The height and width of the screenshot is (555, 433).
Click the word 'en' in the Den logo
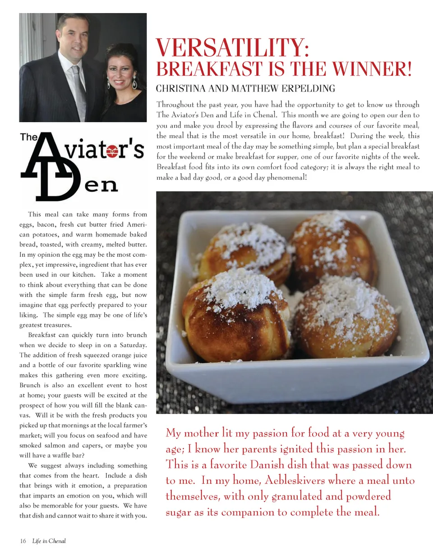(101, 185)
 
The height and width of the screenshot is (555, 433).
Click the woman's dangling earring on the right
(135, 82)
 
